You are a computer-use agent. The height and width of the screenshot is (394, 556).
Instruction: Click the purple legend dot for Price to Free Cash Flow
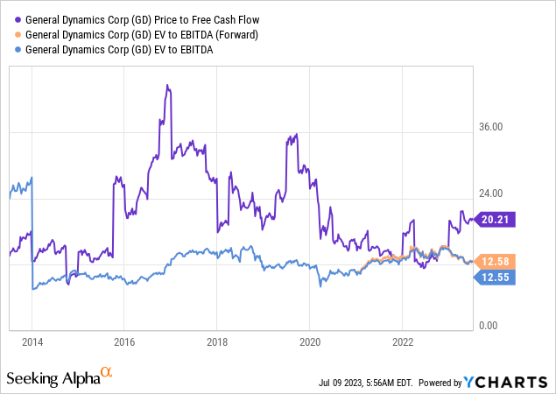coord(18,18)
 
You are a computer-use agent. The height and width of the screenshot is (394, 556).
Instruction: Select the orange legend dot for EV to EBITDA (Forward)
coord(18,34)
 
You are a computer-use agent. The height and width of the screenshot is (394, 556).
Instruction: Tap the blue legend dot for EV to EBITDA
coord(18,50)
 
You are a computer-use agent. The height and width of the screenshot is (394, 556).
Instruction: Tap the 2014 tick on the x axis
coord(32,341)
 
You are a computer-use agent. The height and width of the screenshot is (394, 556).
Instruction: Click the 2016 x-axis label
coord(124,341)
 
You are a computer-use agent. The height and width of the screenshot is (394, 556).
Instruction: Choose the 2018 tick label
coord(217,341)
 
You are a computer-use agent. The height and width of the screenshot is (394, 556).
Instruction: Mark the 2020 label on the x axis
coord(310,341)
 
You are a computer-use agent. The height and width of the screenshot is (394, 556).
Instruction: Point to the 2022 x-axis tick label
coord(403,341)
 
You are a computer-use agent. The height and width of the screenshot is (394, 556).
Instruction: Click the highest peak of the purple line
coord(166,86)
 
